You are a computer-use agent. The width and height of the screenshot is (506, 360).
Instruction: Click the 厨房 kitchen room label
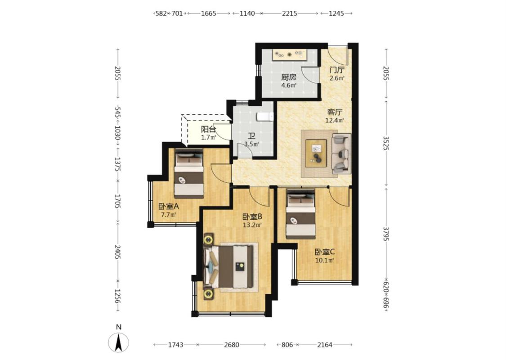288,77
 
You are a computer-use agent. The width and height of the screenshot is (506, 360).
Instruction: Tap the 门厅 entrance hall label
337,70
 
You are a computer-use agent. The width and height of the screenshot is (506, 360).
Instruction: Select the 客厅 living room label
335,112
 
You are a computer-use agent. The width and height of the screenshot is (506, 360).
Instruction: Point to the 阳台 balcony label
208,130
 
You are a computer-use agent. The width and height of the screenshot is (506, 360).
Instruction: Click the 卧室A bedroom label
169,206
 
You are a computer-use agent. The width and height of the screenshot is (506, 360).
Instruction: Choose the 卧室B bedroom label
252,216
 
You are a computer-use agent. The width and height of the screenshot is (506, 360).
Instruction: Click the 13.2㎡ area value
252,225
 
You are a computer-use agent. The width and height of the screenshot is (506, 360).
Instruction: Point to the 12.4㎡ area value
335,121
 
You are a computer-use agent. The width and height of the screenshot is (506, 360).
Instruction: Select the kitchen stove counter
289,54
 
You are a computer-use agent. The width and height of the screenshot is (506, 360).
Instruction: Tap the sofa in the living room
341,153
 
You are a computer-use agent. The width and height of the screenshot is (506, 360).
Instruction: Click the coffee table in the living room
316,153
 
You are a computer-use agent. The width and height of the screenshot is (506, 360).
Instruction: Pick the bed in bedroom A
189,173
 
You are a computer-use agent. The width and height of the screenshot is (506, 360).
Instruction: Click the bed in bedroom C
301,214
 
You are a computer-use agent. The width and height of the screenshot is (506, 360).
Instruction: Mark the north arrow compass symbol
119,342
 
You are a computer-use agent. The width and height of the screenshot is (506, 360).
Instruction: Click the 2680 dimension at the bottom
231,345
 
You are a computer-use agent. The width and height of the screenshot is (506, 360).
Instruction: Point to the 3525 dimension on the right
386,143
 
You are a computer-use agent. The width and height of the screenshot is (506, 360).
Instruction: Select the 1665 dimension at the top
208,13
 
